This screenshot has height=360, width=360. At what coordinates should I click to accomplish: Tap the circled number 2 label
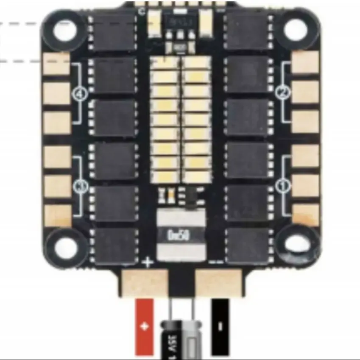click(x=281, y=92)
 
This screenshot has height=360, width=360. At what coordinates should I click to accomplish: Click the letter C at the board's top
click(x=142, y=11)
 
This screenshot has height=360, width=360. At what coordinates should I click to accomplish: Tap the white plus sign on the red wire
click(x=145, y=327)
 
